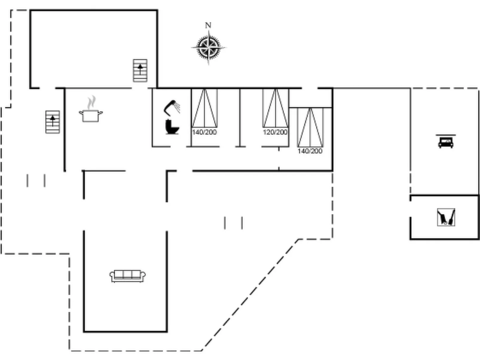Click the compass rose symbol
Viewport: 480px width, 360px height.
click(x=208, y=48)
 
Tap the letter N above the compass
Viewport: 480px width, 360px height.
click(x=208, y=25)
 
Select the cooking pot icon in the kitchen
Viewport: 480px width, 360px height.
click(x=91, y=115)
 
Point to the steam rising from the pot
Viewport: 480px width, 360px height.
click(x=91, y=102)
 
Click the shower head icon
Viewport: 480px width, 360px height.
click(x=172, y=107)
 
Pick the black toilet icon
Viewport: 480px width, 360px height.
click(x=172, y=127)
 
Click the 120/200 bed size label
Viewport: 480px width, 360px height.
click(x=275, y=132)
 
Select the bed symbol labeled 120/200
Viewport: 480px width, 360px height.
click(x=275, y=108)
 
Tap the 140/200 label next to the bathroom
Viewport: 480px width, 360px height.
click(x=204, y=132)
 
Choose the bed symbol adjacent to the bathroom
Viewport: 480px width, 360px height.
click(x=204, y=108)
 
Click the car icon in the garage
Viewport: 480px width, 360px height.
click(x=446, y=143)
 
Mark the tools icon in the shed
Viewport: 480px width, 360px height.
click(x=446, y=217)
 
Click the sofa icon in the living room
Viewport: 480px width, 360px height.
click(x=128, y=276)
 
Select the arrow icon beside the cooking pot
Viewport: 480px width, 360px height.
click(x=53, y=122)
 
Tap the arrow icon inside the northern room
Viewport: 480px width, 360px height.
click(x=140, y=71)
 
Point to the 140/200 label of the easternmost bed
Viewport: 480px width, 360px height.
click(x=310, y=151)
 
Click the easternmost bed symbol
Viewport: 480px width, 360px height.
click(x=310, y=127)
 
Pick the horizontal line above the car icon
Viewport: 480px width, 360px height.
click(x=446, y=135)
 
